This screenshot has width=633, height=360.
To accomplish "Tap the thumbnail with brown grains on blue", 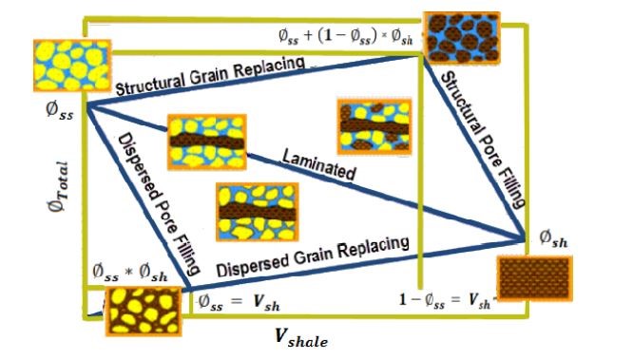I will (462, 35).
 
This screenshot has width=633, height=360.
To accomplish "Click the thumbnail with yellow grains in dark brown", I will (143, 309).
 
